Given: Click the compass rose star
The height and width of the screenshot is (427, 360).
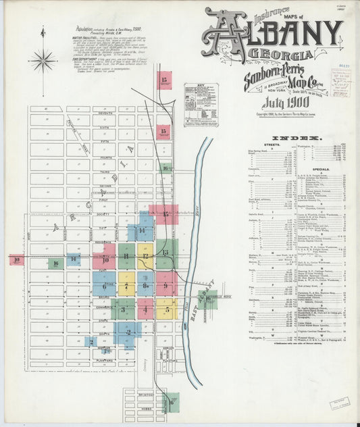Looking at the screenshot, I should [43, 61].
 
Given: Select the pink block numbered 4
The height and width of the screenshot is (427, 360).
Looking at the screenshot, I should [146, 310].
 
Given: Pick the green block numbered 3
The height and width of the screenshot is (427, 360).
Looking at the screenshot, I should [123, 310].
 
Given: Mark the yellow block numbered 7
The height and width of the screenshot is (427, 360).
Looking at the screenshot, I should [126, 285].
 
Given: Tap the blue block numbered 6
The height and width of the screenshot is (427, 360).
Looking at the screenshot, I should [105, 285].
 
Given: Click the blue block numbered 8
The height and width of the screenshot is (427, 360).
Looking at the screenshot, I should [146, 285].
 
